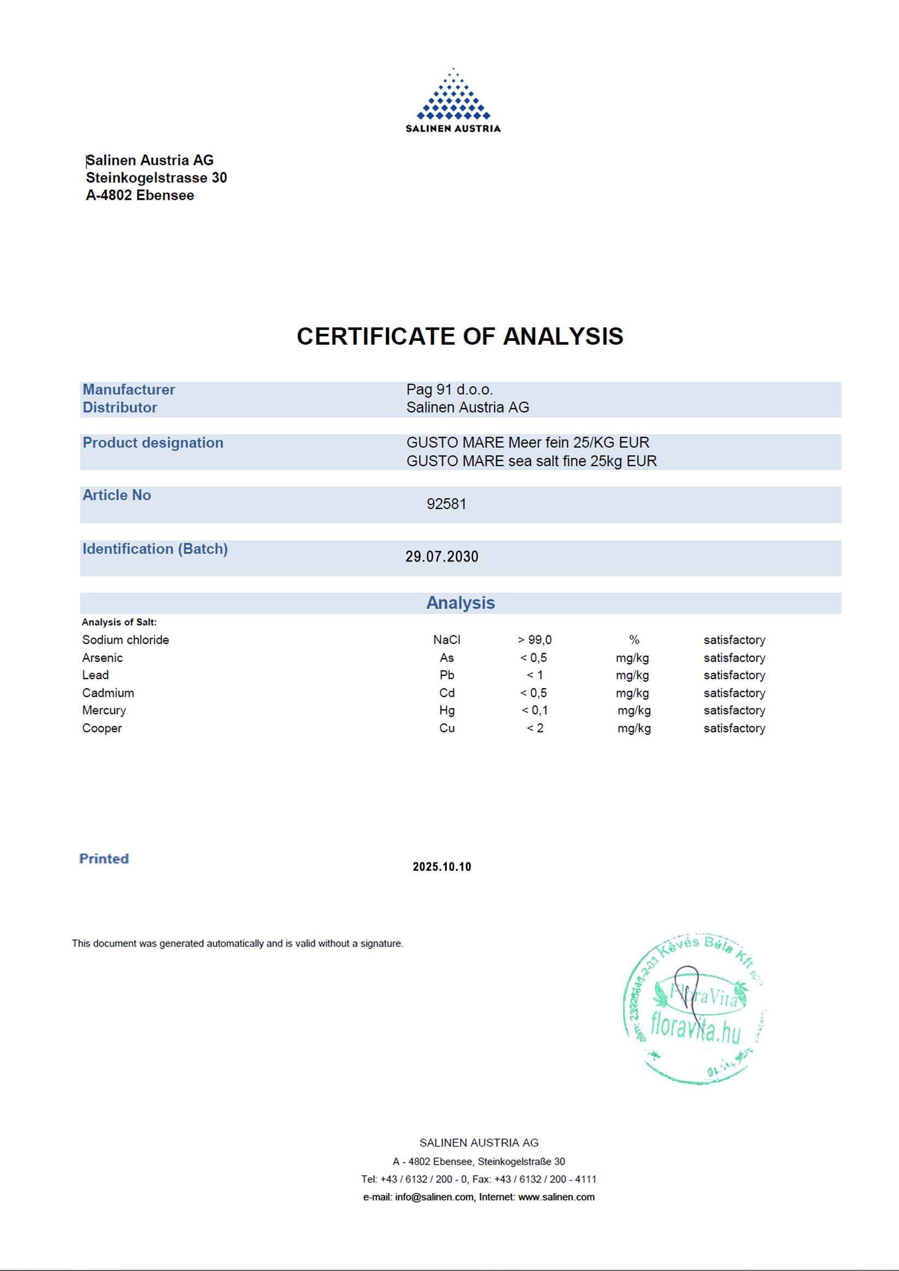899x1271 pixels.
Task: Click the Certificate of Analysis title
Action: pos(459,336)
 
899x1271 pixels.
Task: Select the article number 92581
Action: pos(446,504)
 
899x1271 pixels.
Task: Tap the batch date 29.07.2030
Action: pos(442,557)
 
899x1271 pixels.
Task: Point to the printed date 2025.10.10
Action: pos(442,866)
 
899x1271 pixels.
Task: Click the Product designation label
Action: pos(153,442)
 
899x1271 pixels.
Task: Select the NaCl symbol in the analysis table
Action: pos(447,640)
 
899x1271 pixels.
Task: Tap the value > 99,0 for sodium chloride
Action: pos(535,640)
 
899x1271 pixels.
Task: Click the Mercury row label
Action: pos(104,710)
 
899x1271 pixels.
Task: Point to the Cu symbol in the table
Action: pos(447,728)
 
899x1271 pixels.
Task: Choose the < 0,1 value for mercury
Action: pos(535,710)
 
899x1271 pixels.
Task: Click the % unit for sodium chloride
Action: pos(634,640)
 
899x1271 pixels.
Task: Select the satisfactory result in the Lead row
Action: pos(734,675)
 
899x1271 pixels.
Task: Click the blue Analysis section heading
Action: pos(460,602)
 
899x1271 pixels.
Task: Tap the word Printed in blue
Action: pos(104,858)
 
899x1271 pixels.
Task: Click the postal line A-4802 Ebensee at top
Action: pos(140,195)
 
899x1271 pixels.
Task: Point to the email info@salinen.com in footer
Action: pos(434,1197)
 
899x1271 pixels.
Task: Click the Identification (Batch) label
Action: pos(155,548)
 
